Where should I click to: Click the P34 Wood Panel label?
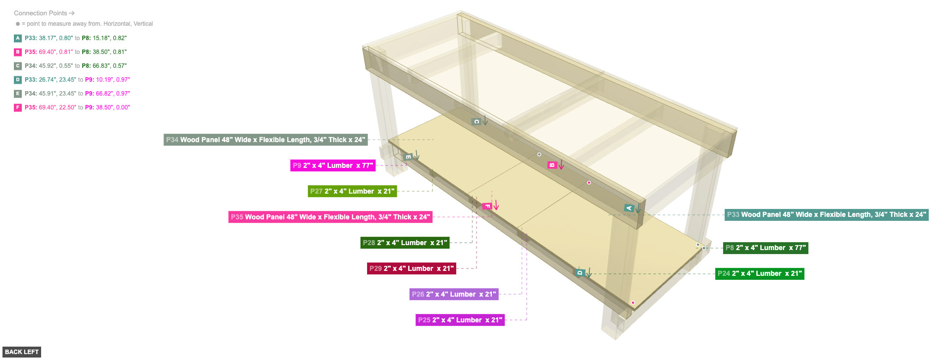[265, 140]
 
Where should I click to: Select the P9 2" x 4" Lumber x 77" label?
[333, 165]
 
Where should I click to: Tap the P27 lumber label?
[352, 191]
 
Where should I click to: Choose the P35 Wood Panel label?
[330, 217]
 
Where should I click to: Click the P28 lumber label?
[405, 243]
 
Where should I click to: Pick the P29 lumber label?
[412, 268]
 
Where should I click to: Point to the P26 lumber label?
[454, 294]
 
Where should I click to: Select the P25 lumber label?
[460, 320]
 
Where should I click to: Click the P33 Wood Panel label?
[827, 214]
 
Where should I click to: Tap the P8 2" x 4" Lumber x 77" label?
[766, 248]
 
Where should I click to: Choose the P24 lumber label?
[760, 273]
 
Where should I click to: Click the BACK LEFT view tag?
[21, 352]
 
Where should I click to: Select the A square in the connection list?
[18, 38]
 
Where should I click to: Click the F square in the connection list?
[18, 107]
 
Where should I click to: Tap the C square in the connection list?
[18, 66]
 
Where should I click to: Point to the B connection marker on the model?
[552, 165]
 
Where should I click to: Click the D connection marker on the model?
[580, 273]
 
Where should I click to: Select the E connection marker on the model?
[409, 157]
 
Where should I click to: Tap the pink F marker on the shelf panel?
[487, 206]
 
